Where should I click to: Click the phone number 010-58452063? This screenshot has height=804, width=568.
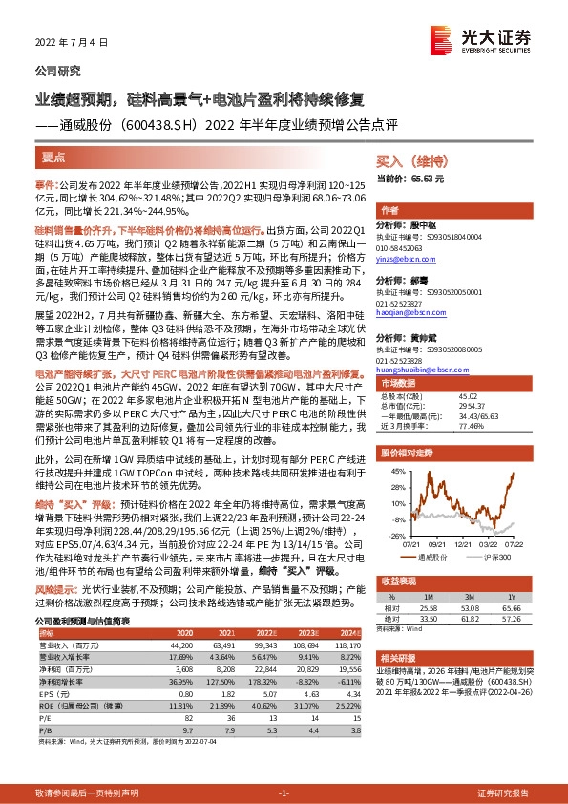404,247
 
